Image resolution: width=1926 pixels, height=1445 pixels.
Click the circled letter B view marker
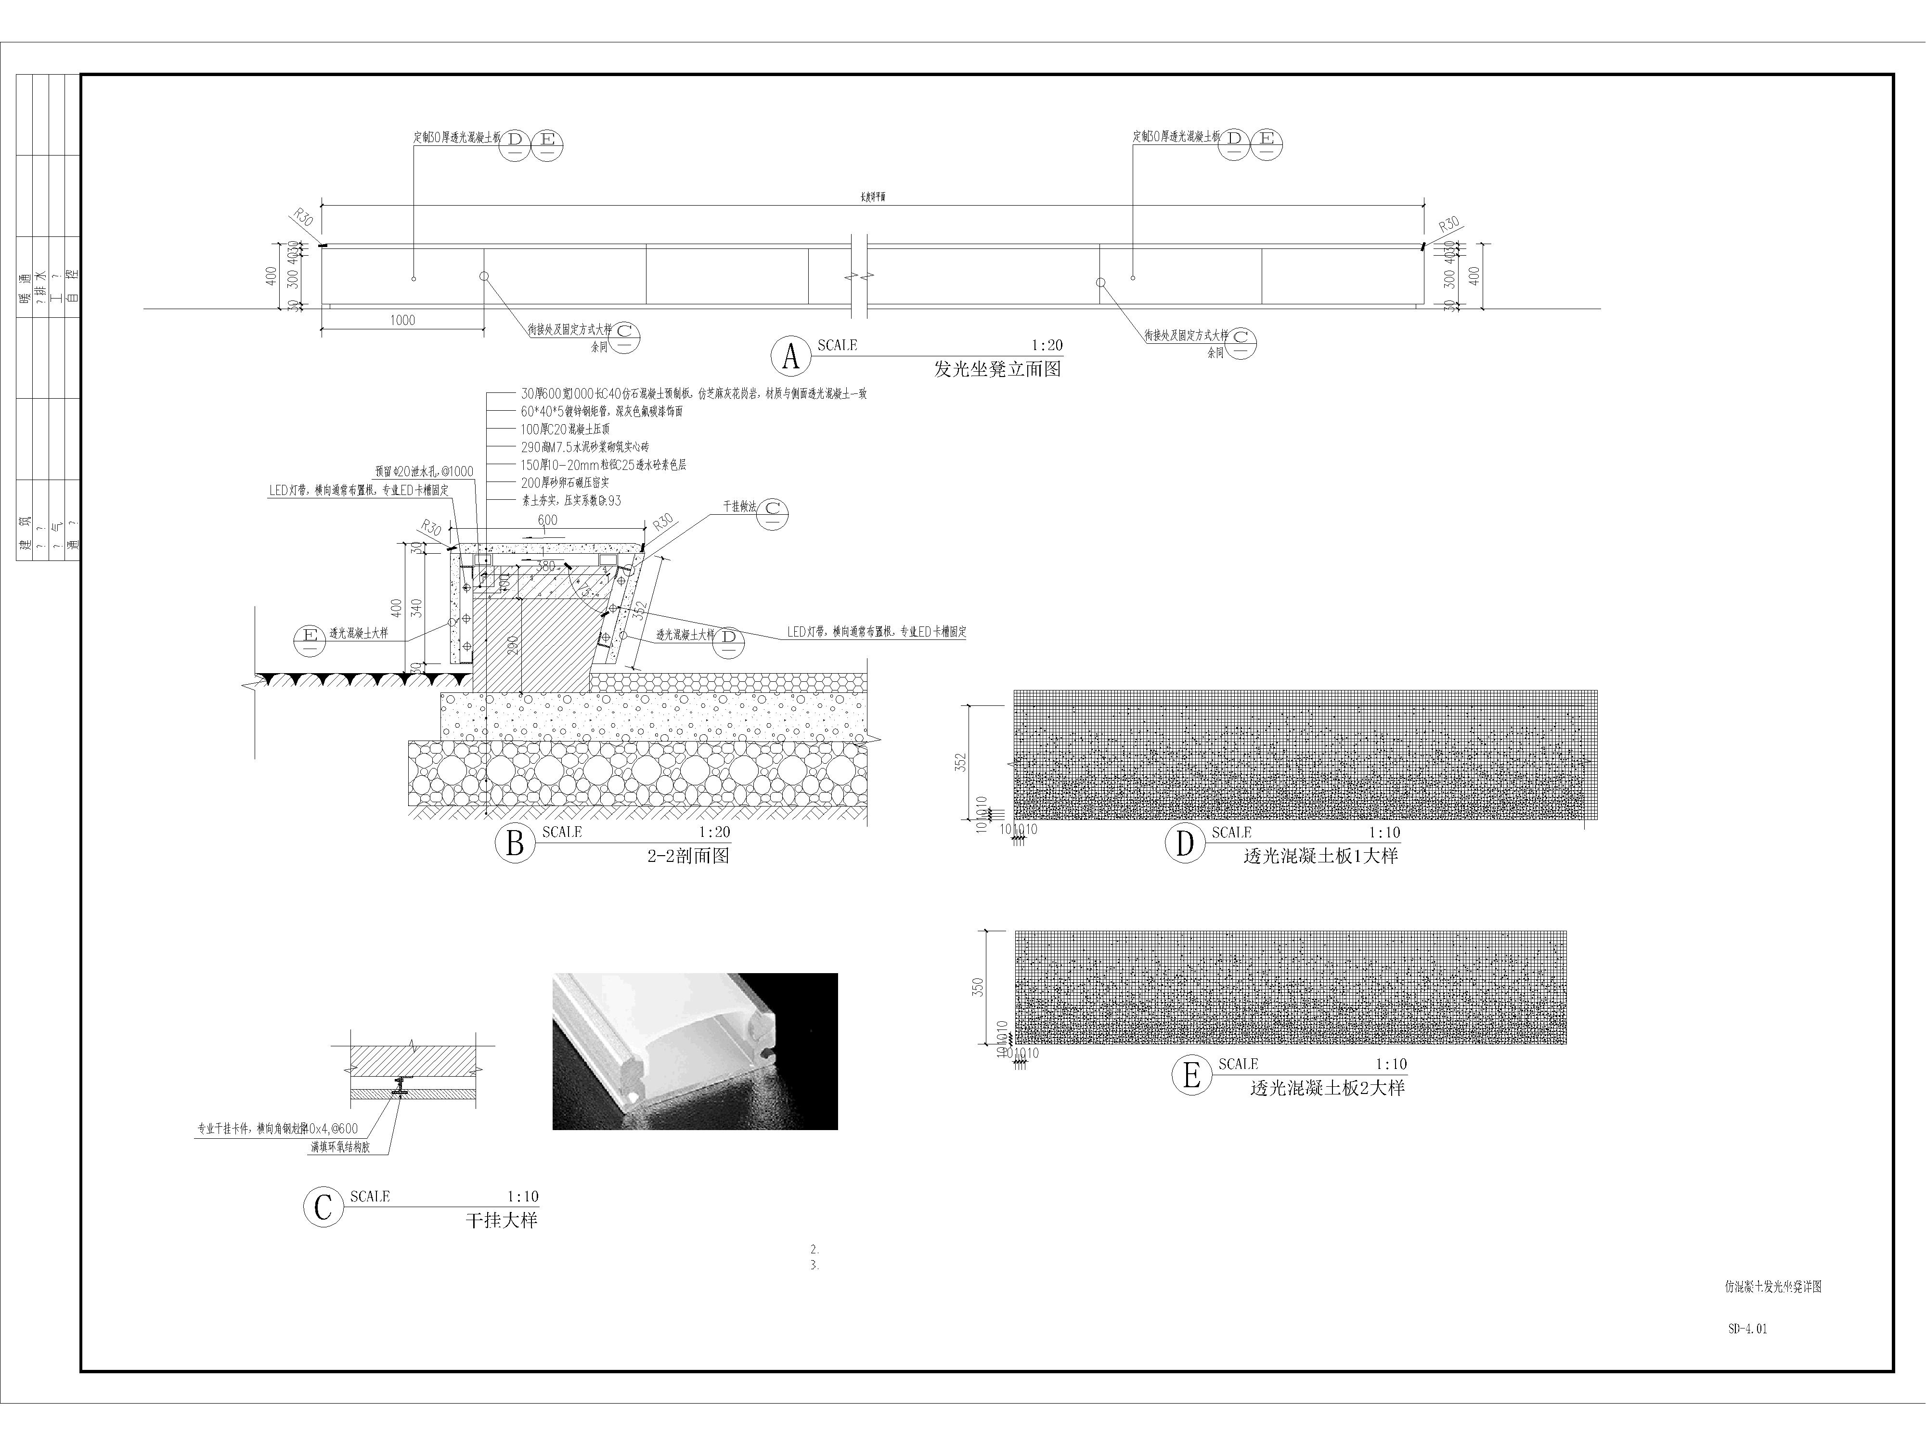coord(515,843)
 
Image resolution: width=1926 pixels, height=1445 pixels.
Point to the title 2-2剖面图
coord(688,856)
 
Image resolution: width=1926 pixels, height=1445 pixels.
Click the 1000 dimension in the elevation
coord(402,321)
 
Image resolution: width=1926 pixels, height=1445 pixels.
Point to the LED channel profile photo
coord(695,1051)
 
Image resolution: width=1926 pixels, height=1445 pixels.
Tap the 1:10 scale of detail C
coord(522,1197)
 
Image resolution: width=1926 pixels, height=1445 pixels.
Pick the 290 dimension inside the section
coord(513,645)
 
